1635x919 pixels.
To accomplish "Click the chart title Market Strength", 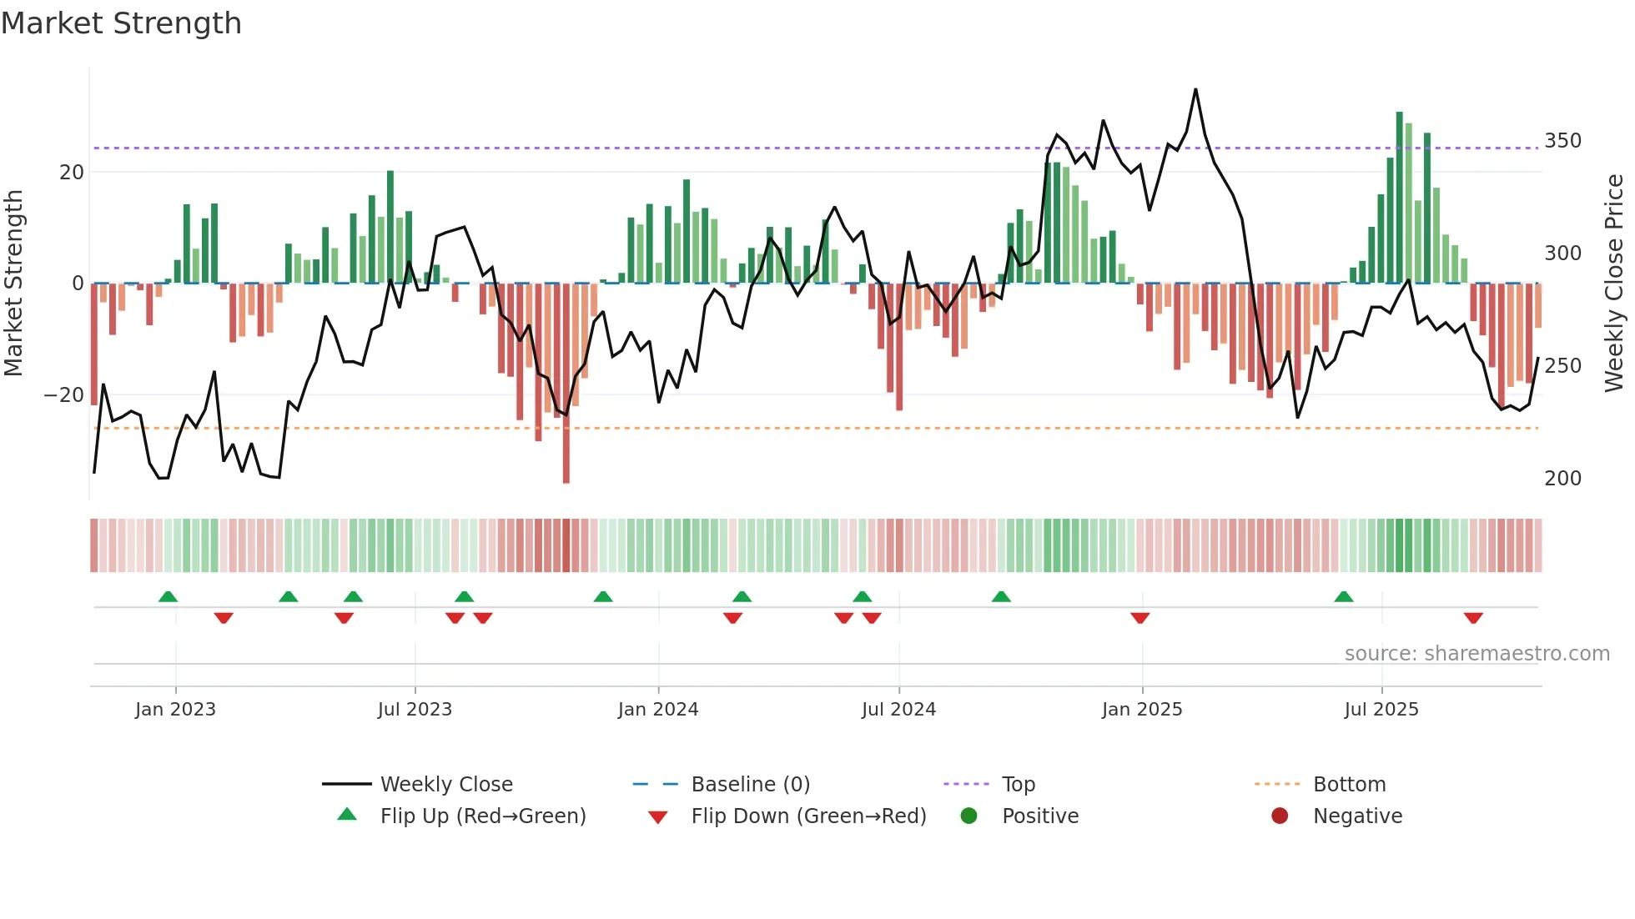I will (121, 23).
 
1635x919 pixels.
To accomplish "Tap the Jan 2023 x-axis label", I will (175, 710).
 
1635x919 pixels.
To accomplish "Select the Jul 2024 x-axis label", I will (898, 710).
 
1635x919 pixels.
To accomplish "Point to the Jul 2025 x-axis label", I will (1381, 710).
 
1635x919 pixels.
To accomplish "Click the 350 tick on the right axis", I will (1562, 140).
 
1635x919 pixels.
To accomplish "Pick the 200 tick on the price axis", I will (1562, 478).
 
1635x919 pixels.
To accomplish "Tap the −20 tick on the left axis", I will (63, 394).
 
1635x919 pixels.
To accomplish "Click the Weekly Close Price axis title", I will (1614, 284).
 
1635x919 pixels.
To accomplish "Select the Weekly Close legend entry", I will (445, 784).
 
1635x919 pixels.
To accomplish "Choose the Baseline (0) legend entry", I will (750, 784).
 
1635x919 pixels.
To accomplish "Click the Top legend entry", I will (1018, 784).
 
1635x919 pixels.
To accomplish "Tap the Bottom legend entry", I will (1349, 784).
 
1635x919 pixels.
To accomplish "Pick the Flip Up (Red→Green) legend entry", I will (482, 816).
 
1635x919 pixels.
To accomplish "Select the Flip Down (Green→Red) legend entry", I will (807, 816).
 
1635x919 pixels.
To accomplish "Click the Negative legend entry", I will (1356, 816).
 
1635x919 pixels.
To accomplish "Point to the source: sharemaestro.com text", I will (1477, 653).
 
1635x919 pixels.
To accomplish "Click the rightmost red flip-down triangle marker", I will (1473, 618).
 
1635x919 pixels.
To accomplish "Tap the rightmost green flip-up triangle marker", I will (1343, 596).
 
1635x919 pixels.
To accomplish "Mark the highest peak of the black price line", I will (1195, 89).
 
